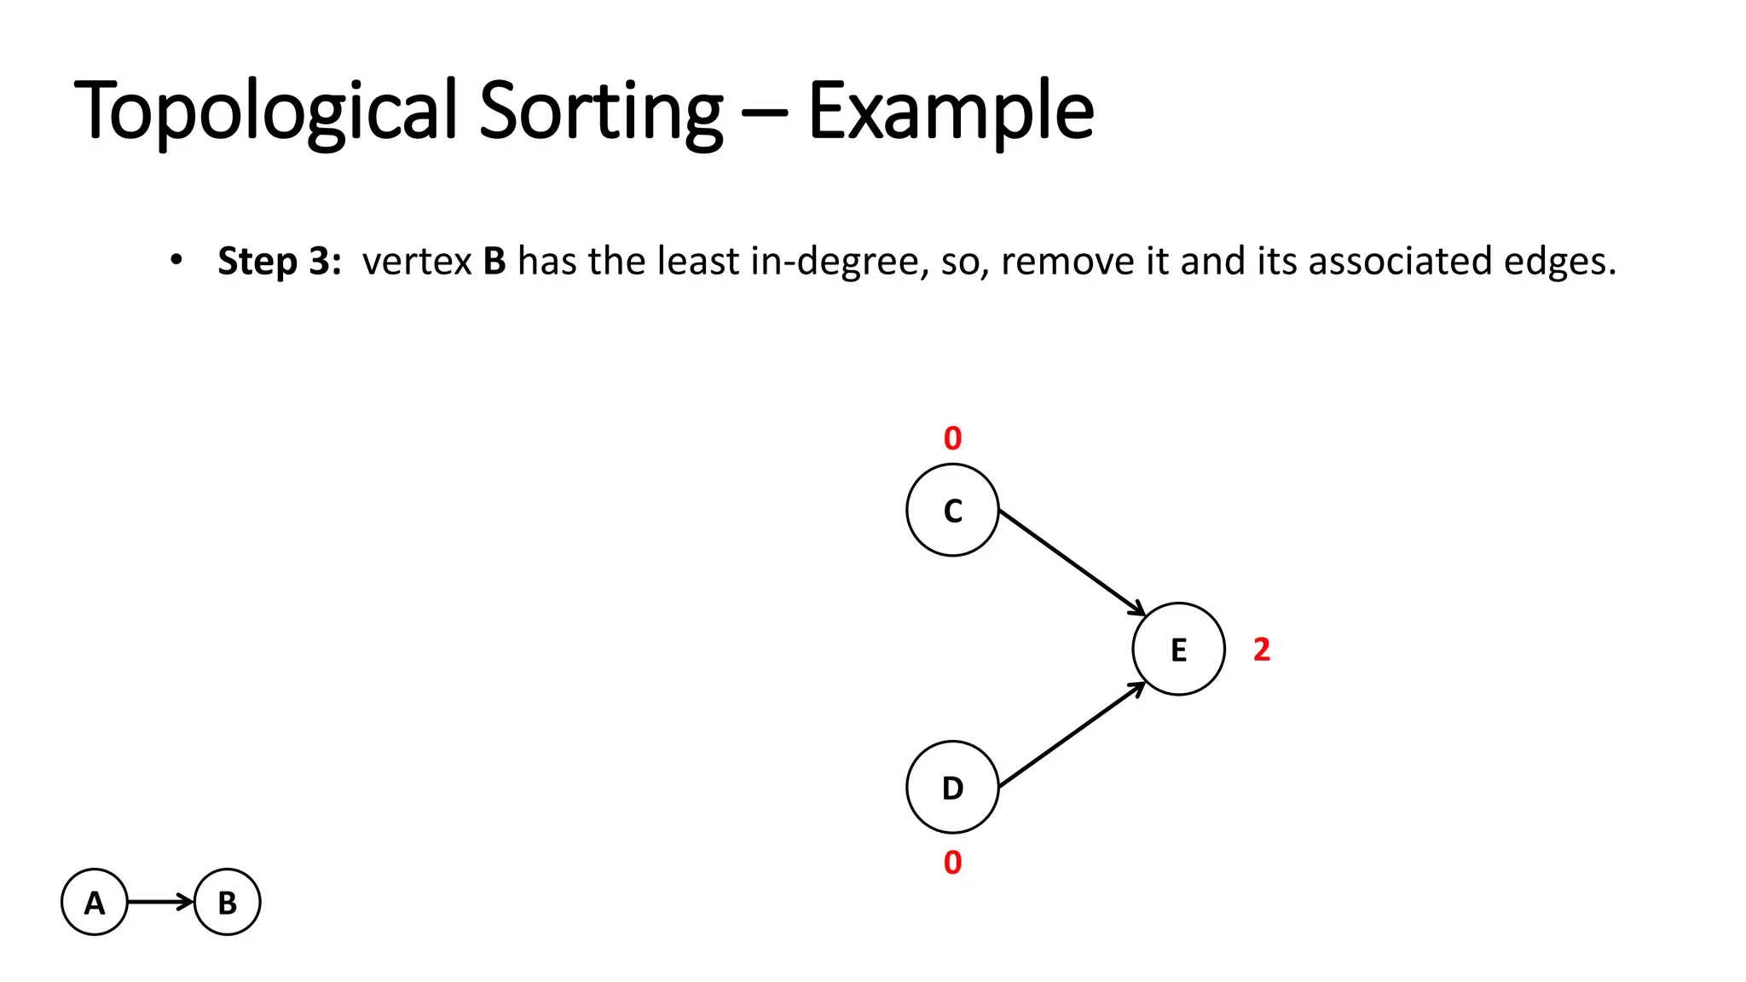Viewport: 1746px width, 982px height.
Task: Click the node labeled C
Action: coord(952,510)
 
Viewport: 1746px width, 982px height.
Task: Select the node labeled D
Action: coord(952,787)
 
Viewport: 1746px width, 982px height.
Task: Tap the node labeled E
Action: coord(1178,649)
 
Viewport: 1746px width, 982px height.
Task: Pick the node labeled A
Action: coord(95,902)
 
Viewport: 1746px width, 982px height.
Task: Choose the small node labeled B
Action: coord(227,902)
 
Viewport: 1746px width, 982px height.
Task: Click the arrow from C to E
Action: coord(1070,561)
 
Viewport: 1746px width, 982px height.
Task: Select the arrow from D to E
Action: coord(1070,736)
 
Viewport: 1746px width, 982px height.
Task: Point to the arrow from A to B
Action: coord(160,902)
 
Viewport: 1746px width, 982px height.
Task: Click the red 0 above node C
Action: coord(952,439)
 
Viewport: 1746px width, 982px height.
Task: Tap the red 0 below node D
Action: coord(952,863)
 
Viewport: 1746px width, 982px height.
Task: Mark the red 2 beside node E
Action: coord(1262,650)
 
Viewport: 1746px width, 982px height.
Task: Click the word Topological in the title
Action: coord(266,111)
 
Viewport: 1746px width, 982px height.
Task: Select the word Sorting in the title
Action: coord(600,111)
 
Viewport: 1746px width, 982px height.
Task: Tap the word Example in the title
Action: coord(950,111)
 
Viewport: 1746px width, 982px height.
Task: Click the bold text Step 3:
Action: coord(279,261)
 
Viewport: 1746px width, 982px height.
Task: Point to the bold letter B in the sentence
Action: coord(494,261)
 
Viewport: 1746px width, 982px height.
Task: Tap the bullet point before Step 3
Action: coord(176,259)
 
